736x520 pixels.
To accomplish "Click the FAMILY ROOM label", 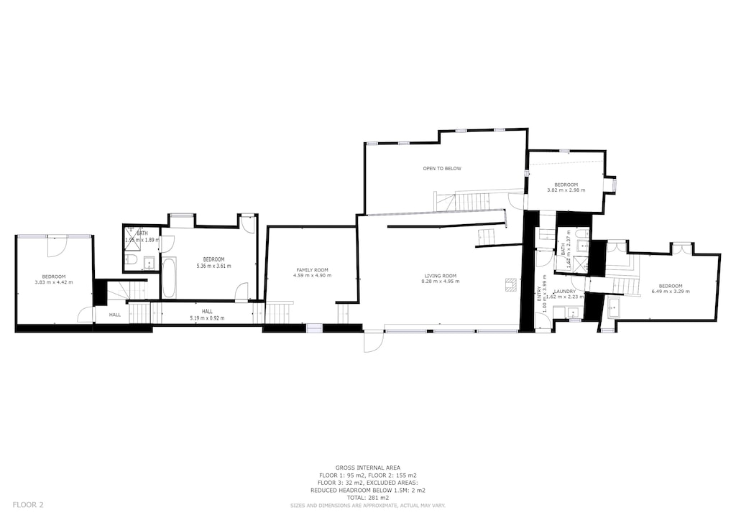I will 312,270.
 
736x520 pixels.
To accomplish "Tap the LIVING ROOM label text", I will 441,276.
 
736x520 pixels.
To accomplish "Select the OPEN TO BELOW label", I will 442,169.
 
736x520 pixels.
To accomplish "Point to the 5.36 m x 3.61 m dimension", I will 213,266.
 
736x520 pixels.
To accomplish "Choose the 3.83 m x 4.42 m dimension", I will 54,282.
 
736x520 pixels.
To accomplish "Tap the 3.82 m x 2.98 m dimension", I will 566,190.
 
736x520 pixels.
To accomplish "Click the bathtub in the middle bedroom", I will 168,279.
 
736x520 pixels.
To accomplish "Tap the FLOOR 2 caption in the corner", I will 28,505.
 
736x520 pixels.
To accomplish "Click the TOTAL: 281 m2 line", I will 367,498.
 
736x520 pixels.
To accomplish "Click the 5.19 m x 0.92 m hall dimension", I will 207,317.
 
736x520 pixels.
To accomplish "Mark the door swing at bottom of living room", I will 373,343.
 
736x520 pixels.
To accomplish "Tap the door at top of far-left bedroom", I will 57,246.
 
